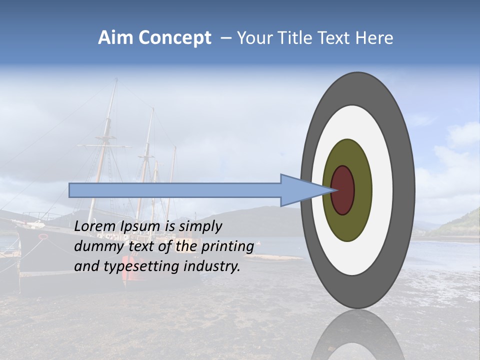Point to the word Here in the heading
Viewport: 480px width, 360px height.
[x=375, y=38]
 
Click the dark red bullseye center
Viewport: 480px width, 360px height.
[x=343, y=190]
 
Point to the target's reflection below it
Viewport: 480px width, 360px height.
[x=357, y=335]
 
